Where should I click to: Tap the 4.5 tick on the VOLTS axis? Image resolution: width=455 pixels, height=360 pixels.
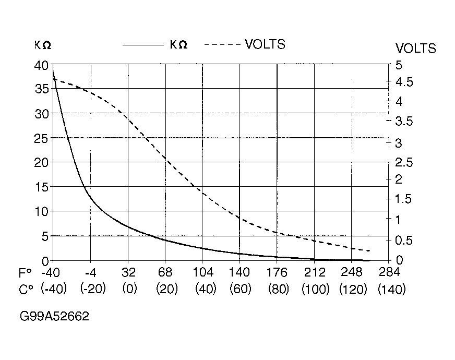click(x=403, y=82)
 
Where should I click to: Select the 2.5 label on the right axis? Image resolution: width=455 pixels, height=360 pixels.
click(x=403, y=163)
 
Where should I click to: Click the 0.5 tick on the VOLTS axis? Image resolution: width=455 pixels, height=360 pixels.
click(x=403, y=241)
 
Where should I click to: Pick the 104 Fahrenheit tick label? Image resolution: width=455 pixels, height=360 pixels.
click(x=202, y=273)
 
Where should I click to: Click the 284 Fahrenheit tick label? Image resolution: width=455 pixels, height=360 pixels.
click(x=389, y=273)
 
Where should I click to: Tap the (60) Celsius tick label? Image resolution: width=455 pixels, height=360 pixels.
click(x=240, y=290)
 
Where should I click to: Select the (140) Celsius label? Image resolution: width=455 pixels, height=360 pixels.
click(x=391, y=290)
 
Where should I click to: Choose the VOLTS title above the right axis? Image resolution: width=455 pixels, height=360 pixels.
click(x=415, y=49)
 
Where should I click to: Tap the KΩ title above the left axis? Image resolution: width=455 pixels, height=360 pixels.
click(x=43, y=45)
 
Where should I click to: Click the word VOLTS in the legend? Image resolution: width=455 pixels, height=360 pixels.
click(x=265, y=44)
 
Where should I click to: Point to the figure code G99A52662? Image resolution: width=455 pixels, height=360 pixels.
click(x=54, y=317)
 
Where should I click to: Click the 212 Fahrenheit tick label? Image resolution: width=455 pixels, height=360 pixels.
click(x=315, y=273)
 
